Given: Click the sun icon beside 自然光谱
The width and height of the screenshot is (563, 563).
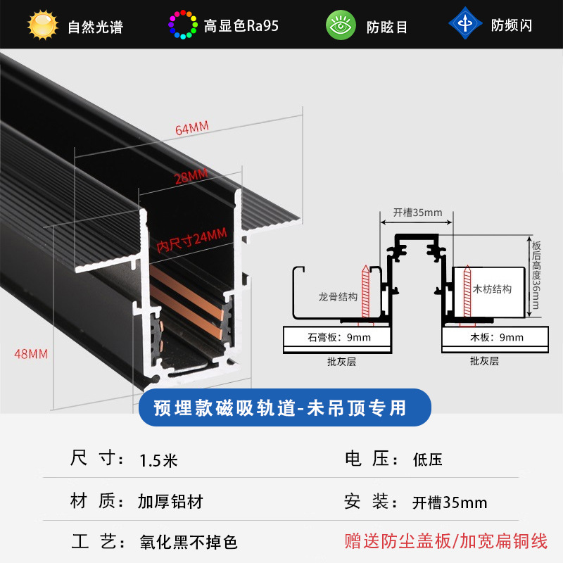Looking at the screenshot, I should tap(43, 25).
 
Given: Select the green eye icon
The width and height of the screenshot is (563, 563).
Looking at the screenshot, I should tap(341, 25).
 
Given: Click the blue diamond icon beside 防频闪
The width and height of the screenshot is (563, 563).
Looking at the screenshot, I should tap(465, 23).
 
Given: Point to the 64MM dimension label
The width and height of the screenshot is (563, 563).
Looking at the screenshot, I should tap(192, 128).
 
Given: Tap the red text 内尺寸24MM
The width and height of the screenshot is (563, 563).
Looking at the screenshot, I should tap(191, 240).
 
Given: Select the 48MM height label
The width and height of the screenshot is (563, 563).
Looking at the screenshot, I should tap(30, 354).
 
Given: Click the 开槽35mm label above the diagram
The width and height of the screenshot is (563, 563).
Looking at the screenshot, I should tap(417, 213).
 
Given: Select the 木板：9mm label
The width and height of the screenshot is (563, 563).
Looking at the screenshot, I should tap(496, 338).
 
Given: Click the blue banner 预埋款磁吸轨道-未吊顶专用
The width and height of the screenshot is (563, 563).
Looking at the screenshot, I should tap(280, 407).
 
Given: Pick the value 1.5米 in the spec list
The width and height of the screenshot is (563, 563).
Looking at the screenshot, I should tap(158, 461).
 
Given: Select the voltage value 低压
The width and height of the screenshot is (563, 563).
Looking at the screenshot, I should tap(427, 461).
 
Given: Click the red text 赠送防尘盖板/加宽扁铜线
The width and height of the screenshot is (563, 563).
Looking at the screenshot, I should tap(445, 542).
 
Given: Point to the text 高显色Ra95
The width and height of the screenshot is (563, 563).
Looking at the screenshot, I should tap(241, 26).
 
